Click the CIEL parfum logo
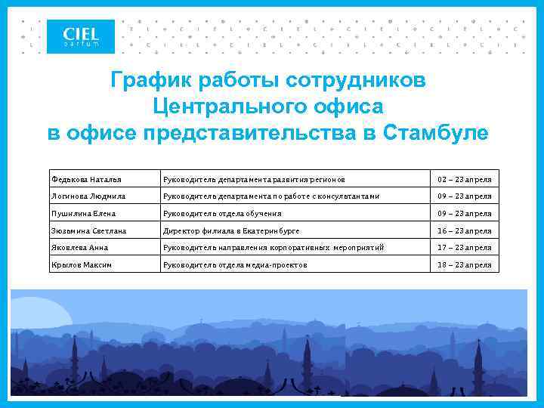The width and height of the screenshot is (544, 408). pyautogui.click(x=82, y=36)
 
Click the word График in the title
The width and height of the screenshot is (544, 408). pyautogui.click(x=148, y=79)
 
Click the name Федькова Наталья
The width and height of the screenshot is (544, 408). pyautogui.click(x=85, y=179)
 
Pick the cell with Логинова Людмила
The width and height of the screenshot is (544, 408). pyautogui.click(x=88, y=196)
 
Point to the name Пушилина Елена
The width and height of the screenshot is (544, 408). pyautogui.click(x=83, y=214)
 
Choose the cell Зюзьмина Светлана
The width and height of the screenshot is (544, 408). pyautogui.click(x=88, y=231)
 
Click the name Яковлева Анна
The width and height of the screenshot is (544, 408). pyautogui.click(x=79, y=248)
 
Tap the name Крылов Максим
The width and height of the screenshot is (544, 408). pyautogui.click(x=79, y=265)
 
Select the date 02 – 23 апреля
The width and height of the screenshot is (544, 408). pyautogui.click(x=465, y=179)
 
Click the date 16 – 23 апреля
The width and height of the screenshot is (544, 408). pyautogui.click(x=465, y=231)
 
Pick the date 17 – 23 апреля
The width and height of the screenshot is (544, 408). pyautogui.click(x=465, y=248)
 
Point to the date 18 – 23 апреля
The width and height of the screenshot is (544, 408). pyautogui.click(x=465, y=265)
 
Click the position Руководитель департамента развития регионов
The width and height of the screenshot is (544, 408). pyautogui.click(x=254, y=179)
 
